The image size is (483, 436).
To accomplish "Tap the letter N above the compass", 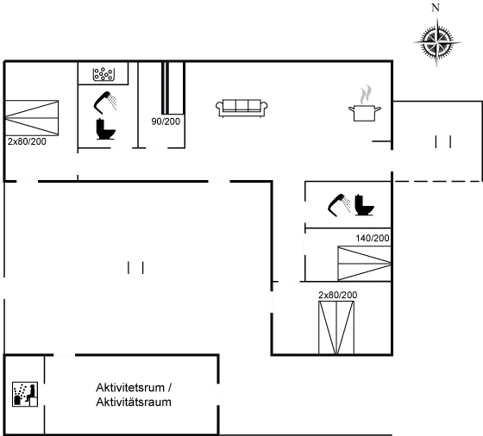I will coord(436,8).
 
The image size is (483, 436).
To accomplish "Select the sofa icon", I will coord(241,107).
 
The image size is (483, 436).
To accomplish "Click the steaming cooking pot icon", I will coord(366,102).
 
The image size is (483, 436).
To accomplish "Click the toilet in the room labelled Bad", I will coord(106,128).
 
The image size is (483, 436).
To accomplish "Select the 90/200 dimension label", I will coord(166,121).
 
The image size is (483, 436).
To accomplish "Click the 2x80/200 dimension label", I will coord(26,140).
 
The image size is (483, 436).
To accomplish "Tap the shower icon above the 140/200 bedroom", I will coord(339,205).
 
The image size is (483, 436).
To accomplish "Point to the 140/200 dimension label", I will coord(373,238).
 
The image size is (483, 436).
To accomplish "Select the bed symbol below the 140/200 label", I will coord(363,262).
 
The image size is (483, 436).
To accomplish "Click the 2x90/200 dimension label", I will coord(337,296).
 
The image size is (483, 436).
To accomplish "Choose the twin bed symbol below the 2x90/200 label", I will coord(336,327).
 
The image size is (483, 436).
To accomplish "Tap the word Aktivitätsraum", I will coord(133,402).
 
